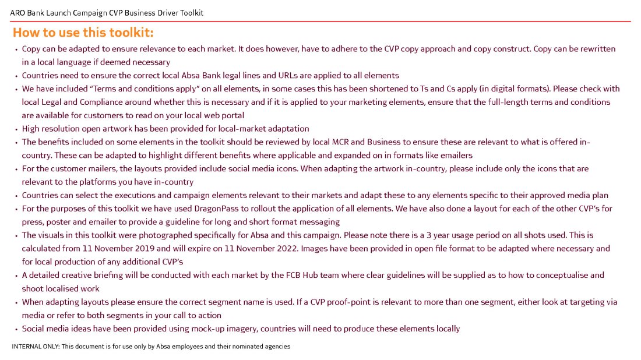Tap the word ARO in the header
coord(17,13)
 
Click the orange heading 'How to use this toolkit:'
coord(83,32)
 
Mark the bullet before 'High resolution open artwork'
coord(16,129)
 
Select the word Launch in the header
coord(59,13)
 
